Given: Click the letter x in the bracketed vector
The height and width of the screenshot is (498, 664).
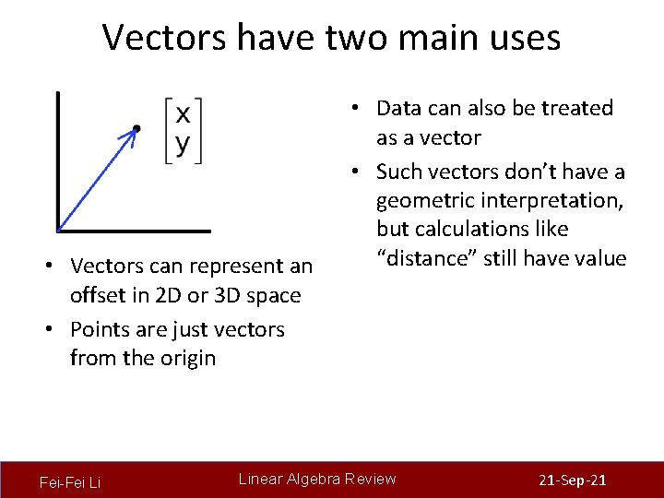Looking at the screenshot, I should pos(184,114).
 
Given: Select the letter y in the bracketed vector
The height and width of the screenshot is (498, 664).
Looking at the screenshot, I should pos(184,144).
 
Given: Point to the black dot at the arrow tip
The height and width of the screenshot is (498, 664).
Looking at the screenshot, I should pos(136,128).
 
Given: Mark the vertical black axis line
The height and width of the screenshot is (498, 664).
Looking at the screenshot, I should pos(57,157).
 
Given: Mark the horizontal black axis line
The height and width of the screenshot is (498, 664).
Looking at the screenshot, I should pos(134,231).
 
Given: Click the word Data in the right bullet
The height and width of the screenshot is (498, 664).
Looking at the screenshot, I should pos(399,109).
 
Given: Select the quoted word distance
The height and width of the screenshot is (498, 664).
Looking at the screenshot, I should pos(426,258).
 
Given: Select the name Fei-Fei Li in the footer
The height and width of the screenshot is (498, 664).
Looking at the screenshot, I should pos(70,482).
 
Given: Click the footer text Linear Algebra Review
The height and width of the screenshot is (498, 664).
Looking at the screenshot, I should pos(317,479).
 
